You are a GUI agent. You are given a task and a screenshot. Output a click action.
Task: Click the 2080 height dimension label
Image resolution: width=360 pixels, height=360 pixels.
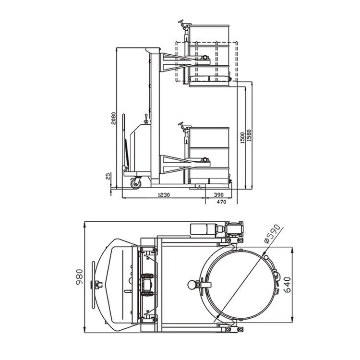click(113, 118)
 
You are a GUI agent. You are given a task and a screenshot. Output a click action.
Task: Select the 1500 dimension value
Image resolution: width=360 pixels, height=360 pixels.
click(242, 138)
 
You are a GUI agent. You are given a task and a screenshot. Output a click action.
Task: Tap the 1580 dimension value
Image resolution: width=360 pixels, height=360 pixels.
click(249, 135)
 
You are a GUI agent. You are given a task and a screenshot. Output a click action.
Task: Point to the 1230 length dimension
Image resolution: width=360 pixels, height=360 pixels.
click(164, 195)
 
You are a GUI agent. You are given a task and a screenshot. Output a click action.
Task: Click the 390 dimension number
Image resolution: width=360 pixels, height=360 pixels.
click(218, 195)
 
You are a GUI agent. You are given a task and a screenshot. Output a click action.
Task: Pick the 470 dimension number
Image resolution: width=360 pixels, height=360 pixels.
click(221, 202)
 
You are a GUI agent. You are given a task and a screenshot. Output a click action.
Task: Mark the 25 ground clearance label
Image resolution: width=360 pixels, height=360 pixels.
click(108, 176)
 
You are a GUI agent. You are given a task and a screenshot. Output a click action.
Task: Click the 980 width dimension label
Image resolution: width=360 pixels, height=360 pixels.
click(79, 277)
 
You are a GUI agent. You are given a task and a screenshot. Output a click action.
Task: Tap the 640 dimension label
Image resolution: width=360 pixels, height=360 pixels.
click(287, 285)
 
